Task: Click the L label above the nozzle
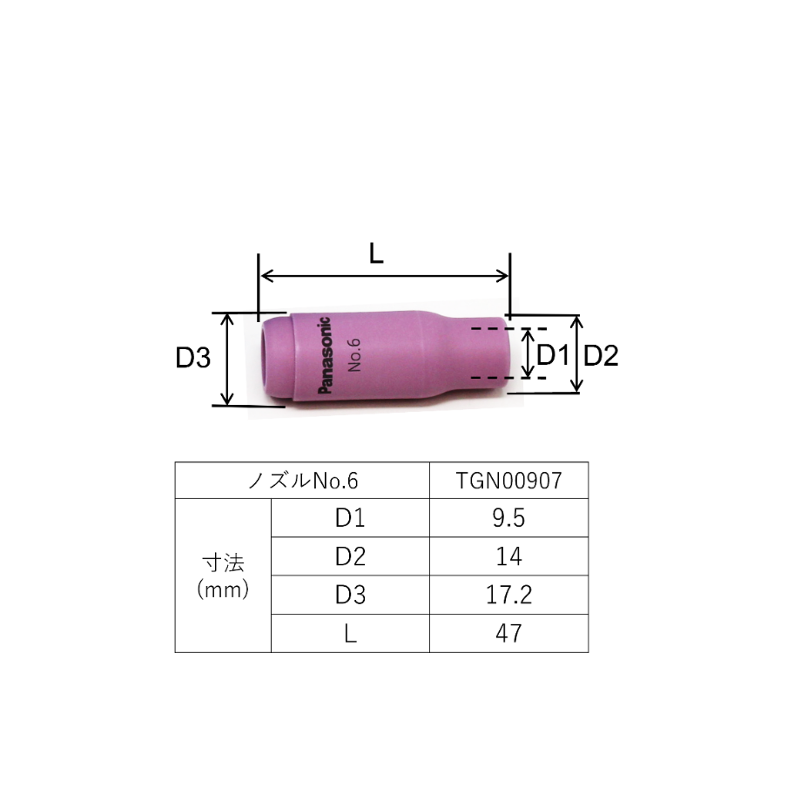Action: (376, 253)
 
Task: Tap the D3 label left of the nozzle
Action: (192, 357)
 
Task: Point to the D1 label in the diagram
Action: (552, 354)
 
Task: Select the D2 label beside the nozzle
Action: (601, 355)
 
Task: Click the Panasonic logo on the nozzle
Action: (325, 355)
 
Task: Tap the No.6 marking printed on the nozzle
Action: (354, 354)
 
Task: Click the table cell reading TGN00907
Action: (508, 481)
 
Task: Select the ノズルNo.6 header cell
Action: (303, 481)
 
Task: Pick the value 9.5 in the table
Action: (508, 518)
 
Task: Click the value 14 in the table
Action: (508, 556)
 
